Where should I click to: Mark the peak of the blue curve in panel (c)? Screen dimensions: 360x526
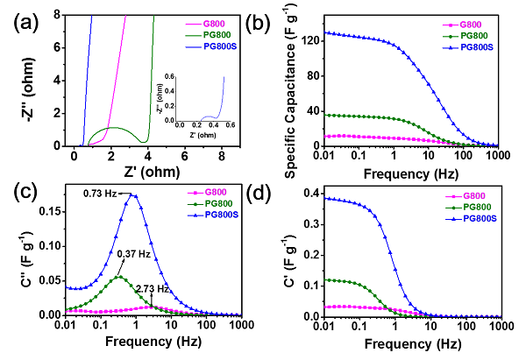point(132,195)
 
